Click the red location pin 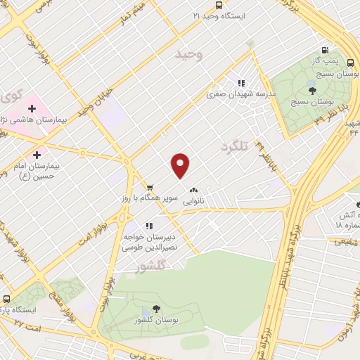coord(181,165)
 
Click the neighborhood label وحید coord(190,54)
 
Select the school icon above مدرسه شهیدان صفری coord(241,82)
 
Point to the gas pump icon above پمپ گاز coord(324,49)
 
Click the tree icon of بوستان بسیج coord(311,89)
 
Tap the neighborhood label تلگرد coord(235,146)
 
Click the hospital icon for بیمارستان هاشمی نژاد coord(32,108)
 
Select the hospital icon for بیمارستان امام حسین coord(37,153)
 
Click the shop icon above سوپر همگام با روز coord(149,186)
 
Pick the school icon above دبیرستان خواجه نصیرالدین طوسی coord(148,226)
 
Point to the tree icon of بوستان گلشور coord(155,310)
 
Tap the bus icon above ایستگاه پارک coord(5,297)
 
